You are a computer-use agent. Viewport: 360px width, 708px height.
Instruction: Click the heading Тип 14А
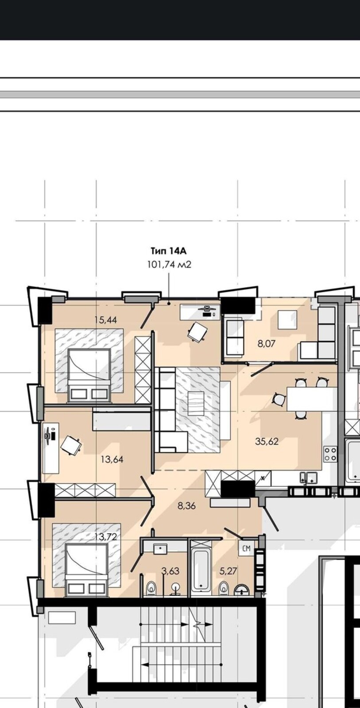168,251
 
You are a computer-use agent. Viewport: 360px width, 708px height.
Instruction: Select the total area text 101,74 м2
169,264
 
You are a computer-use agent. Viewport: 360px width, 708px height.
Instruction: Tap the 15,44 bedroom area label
106,320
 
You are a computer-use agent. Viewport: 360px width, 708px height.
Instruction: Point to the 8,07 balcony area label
267,343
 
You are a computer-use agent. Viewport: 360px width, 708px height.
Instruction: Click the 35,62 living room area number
267,442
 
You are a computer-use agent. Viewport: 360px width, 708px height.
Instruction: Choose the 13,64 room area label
112,459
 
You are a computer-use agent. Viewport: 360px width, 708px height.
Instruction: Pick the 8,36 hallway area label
187,506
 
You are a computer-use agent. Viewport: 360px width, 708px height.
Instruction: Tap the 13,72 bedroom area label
106,536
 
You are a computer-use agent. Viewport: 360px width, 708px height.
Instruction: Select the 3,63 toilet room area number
170,571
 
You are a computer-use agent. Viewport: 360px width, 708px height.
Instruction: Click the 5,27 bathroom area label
228,571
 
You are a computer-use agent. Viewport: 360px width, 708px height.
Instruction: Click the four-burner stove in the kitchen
330,454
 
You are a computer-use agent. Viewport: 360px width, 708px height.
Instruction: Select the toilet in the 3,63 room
151,588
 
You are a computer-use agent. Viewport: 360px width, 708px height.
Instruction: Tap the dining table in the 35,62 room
310,399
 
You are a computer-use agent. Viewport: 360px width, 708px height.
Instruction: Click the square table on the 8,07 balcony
287,319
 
